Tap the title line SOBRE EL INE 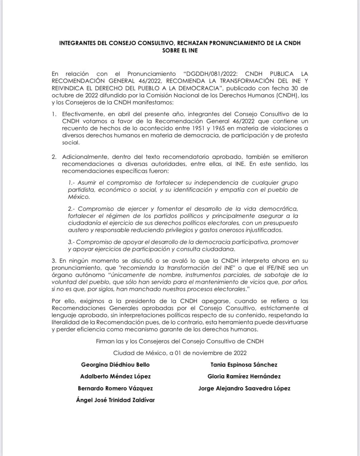[x=180, y=50]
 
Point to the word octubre [x=62, y=95]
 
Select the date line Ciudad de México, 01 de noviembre [x=180, y=353]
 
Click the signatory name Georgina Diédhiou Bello [x=115, y=365]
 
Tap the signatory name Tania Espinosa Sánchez [x=244, y=365]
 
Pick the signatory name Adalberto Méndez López [x=115, y=376]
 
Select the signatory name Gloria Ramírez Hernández [x=244, y=376]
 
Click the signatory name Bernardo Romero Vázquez [x=115, y=388]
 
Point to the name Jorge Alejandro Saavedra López [x=244, y=388]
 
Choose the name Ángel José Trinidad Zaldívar [x=115, y=400]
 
